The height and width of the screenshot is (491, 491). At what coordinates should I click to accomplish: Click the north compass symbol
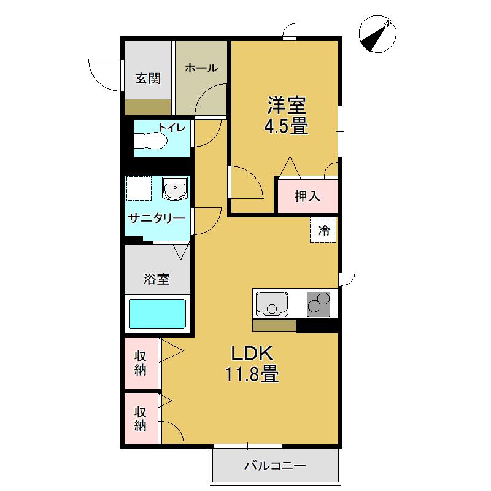(376, 34)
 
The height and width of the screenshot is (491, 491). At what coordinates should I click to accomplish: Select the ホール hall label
(201, 68)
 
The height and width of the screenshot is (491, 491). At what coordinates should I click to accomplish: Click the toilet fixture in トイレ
(151, 141)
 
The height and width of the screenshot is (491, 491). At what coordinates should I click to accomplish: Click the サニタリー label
(156, 218)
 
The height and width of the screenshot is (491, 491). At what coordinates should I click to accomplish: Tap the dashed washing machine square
(138, 188)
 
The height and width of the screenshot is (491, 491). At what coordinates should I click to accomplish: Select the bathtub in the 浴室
(157, 314)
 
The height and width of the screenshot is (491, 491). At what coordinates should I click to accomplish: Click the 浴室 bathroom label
(157, 279)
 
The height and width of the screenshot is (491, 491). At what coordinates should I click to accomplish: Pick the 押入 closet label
(307, 196)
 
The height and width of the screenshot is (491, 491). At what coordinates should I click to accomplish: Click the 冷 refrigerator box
(323, 231)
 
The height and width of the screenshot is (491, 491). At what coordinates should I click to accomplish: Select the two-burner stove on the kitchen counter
(319, 303)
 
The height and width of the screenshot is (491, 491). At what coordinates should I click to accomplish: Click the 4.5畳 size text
(286, 126)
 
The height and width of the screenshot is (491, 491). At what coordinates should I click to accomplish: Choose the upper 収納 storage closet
(141, 363)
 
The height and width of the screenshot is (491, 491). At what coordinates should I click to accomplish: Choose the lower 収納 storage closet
(141, 419)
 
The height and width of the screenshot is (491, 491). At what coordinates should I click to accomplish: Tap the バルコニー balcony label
(275, 466)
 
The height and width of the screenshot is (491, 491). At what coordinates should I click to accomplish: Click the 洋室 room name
(286, 105)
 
